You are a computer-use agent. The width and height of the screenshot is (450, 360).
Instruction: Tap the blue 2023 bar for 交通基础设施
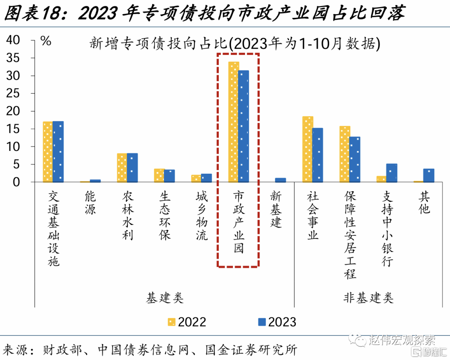pos(58,152)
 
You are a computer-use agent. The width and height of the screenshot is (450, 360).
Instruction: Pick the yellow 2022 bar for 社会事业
pos(307,149)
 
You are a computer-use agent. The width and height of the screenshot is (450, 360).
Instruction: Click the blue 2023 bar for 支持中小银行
pos(391,173)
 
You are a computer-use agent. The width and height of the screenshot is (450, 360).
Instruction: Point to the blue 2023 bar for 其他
pos(429,175)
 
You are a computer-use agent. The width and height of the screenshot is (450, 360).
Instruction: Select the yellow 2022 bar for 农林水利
pos(122,167)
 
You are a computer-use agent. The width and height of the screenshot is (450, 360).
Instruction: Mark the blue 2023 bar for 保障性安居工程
pos(355,159)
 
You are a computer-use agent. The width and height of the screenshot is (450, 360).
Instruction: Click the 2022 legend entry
pos(187,322)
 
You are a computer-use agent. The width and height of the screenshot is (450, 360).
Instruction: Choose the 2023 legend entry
pos(277,322)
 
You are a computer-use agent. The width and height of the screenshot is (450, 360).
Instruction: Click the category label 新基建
pos(276,209)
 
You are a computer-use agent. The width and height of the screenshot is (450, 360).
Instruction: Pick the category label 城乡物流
pos(202,216)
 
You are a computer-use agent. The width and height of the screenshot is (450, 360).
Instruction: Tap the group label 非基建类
pos(368,297)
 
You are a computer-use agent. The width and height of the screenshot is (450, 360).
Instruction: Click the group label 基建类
pos(165,297)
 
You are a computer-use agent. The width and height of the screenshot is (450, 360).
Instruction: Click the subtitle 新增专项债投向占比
pos(158,43)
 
